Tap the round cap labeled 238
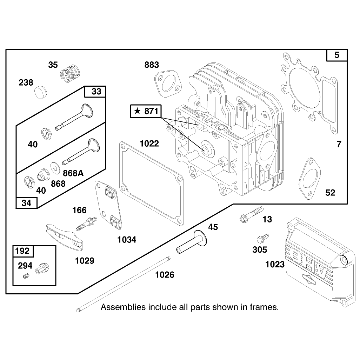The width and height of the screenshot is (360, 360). pos(40,92)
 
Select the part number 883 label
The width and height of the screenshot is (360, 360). pos(152,65)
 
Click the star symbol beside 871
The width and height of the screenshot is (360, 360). pos(137,111)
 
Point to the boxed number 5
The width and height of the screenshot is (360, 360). pos(337,55)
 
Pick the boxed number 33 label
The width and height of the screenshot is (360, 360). pos(96,91)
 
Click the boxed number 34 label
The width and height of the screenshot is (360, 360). pos(26,203)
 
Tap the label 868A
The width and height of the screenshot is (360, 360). pos(73,173)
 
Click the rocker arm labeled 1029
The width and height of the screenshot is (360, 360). pos(65,237)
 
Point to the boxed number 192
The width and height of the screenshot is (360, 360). pos(22,251)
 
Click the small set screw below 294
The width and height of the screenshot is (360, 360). pos(26,276)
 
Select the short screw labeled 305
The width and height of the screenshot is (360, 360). pos(263,238)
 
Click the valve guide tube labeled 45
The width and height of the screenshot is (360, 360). pos(192,241)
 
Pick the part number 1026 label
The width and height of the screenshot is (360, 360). pos(165,275)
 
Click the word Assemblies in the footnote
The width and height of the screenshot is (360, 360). pos(123,307)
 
